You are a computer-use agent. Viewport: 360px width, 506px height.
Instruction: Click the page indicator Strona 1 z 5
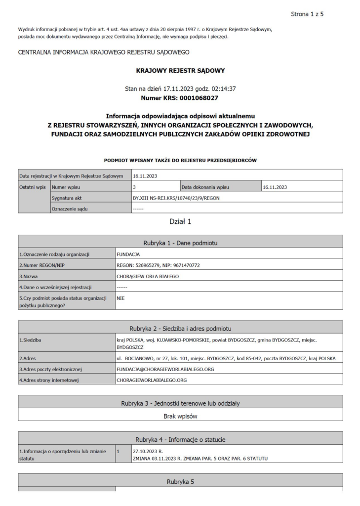307,13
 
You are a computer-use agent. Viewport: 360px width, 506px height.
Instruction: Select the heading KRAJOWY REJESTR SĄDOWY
180,71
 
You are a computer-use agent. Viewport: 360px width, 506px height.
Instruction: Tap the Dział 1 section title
180,221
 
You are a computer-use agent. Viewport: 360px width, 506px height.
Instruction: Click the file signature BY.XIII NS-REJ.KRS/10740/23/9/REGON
176,198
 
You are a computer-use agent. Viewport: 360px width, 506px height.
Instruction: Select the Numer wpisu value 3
134,187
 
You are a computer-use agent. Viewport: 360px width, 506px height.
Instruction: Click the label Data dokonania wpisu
205,187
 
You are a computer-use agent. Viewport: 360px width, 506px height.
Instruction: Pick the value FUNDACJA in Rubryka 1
128,254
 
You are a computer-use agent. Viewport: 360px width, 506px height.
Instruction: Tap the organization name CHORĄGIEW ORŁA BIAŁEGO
147,276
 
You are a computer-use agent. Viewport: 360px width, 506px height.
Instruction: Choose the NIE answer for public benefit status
121,298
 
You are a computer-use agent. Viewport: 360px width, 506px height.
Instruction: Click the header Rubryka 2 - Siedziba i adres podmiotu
180,329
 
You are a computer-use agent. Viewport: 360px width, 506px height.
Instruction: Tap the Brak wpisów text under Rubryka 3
180,416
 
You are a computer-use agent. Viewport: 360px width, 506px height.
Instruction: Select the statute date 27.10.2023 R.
148,451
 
